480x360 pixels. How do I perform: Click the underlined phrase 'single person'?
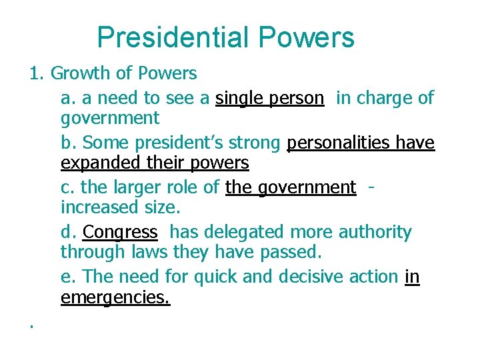pyautogui.click(x=270, y=98)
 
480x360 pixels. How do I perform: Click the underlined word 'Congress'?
pyautogui.click(x=120, y=232)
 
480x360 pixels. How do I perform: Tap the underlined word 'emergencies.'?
pyautogui.click(x=115, y=297)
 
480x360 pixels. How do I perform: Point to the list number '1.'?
pyautogui.click(x=37, y=73)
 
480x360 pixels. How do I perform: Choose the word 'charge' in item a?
pyautogui.click(x=389, y=98)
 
